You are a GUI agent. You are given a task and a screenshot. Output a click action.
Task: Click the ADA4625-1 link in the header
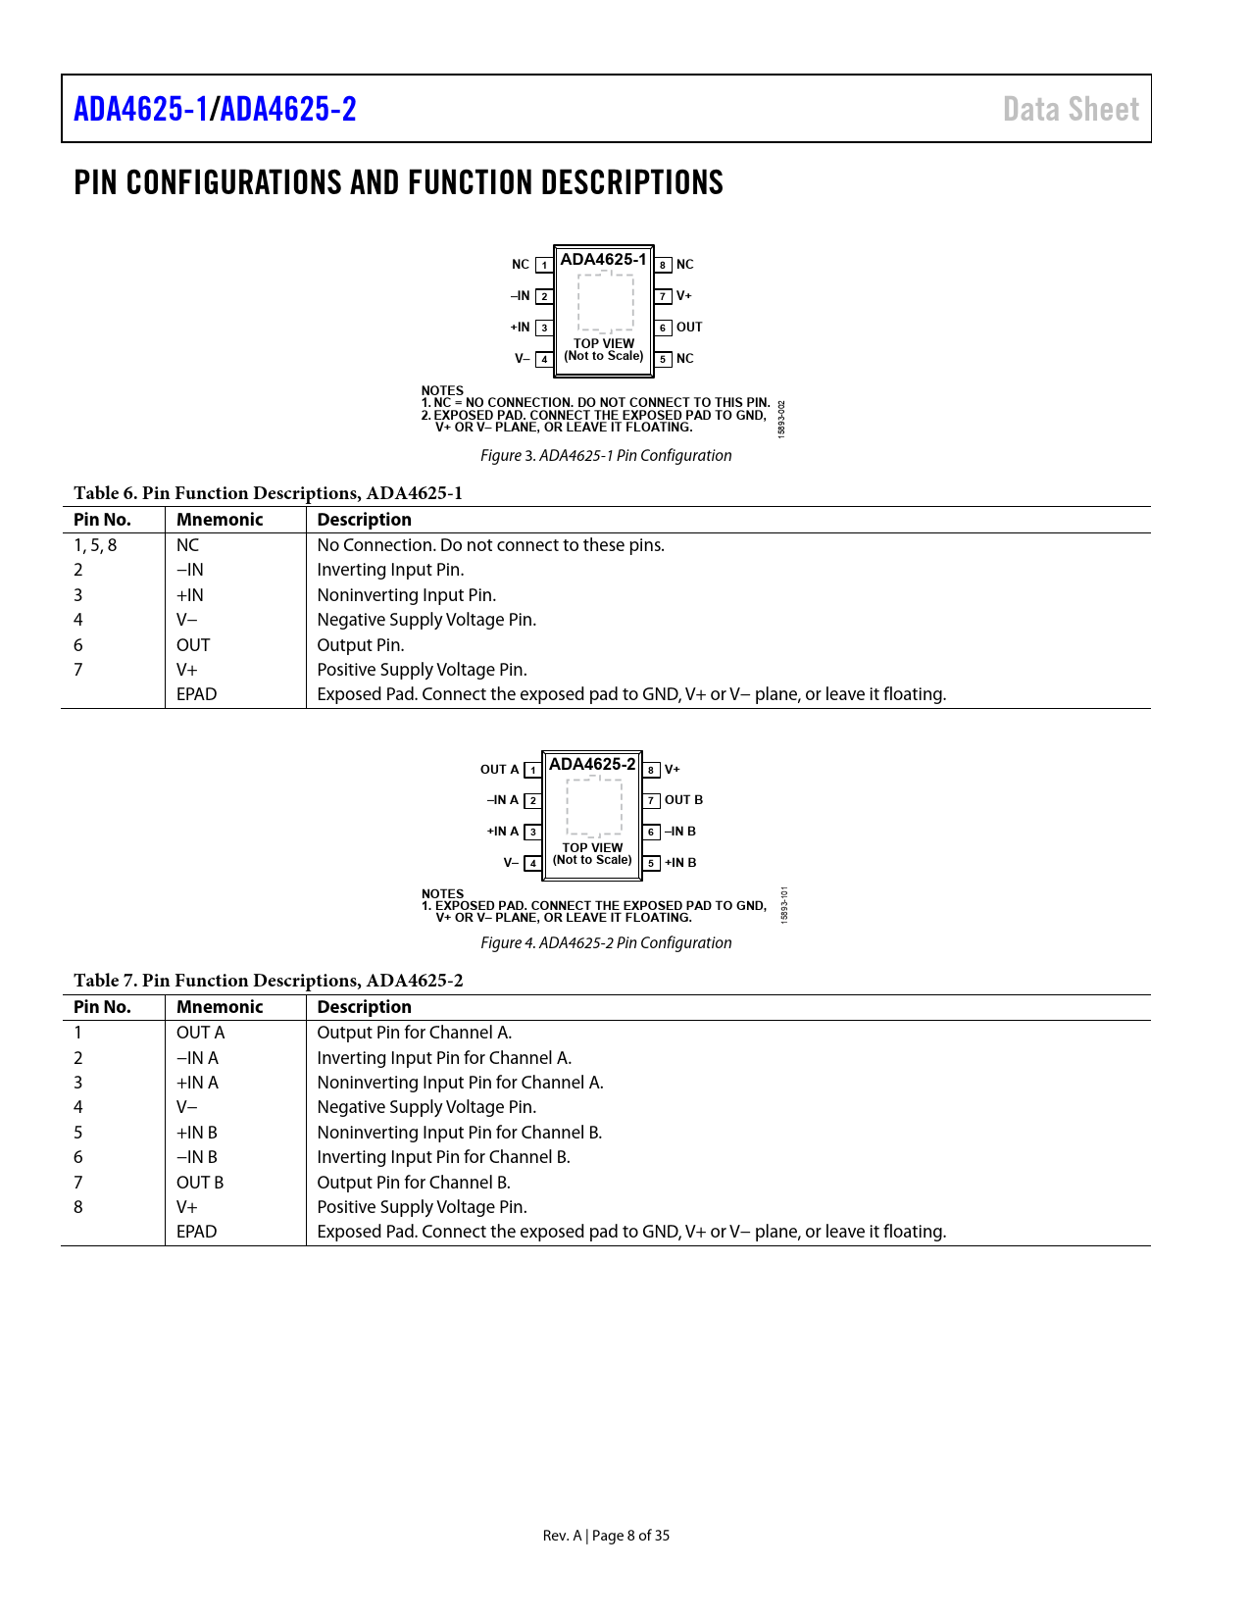pos(141,109)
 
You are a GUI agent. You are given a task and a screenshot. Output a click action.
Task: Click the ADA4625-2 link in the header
pos(288,109)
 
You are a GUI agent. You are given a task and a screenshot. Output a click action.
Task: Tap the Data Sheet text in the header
pos(1071,110)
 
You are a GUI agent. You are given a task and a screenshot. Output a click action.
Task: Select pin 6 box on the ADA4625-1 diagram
pos(663,328)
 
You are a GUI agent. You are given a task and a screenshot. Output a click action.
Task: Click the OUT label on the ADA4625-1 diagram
pos(688,327)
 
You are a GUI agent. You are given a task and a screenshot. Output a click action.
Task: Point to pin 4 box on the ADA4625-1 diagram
pos(544,359)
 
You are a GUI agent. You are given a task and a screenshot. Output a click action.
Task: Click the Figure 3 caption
pos(606,455)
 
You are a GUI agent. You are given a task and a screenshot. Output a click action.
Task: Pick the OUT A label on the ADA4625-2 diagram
pos(499,769)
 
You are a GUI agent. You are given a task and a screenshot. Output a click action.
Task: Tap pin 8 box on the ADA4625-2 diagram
pos(651,770)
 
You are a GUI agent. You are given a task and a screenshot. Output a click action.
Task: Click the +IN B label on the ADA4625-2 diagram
pos(680,862)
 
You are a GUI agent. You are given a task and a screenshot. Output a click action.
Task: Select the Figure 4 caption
pos(606,942)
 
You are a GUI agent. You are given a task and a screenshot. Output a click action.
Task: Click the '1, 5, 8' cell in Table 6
pos(95,545)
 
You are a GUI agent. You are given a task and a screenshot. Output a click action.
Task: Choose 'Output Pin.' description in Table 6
pos(361,645)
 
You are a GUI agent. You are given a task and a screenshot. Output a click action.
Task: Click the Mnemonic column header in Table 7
pos(220,1007)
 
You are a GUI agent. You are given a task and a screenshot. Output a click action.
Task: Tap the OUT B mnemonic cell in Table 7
pos(200,1183)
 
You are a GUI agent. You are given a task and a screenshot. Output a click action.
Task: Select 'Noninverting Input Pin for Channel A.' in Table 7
pos(460,1082)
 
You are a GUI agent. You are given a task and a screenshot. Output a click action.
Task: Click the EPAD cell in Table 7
pos(196,1232)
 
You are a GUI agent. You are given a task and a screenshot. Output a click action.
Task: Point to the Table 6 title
pos(268,493)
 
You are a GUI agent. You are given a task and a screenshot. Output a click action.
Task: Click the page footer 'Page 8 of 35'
pos(630,1536)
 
